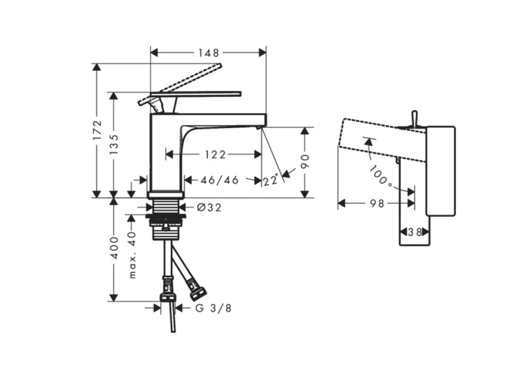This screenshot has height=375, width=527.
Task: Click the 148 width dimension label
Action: [208, 53]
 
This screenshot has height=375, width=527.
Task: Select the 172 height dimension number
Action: [97, 130]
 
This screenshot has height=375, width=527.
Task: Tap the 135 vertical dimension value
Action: [114, 144]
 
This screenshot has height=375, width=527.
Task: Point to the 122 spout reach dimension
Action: [215, 155]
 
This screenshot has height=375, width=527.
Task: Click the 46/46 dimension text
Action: [220, 180]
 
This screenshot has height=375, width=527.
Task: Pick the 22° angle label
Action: [271, 180]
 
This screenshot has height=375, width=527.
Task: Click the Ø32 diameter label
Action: [209, 208]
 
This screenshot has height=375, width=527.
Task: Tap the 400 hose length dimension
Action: [114, 248]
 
